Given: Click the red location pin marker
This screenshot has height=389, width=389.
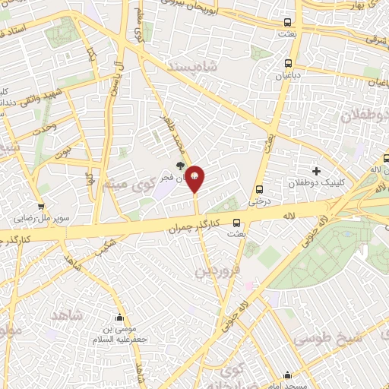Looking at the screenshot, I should [195, 178].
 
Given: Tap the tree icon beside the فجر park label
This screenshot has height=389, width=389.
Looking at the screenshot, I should [180, 165].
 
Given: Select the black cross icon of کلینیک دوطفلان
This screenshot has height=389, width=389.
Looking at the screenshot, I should [316, 171].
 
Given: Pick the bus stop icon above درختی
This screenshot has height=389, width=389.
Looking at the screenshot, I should [260, 190].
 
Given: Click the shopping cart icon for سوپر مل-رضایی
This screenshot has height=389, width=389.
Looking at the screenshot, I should [41, 206].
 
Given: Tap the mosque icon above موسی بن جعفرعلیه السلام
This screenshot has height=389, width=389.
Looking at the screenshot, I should [119, 318].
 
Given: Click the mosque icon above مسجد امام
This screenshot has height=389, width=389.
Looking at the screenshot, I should [287, 375].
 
